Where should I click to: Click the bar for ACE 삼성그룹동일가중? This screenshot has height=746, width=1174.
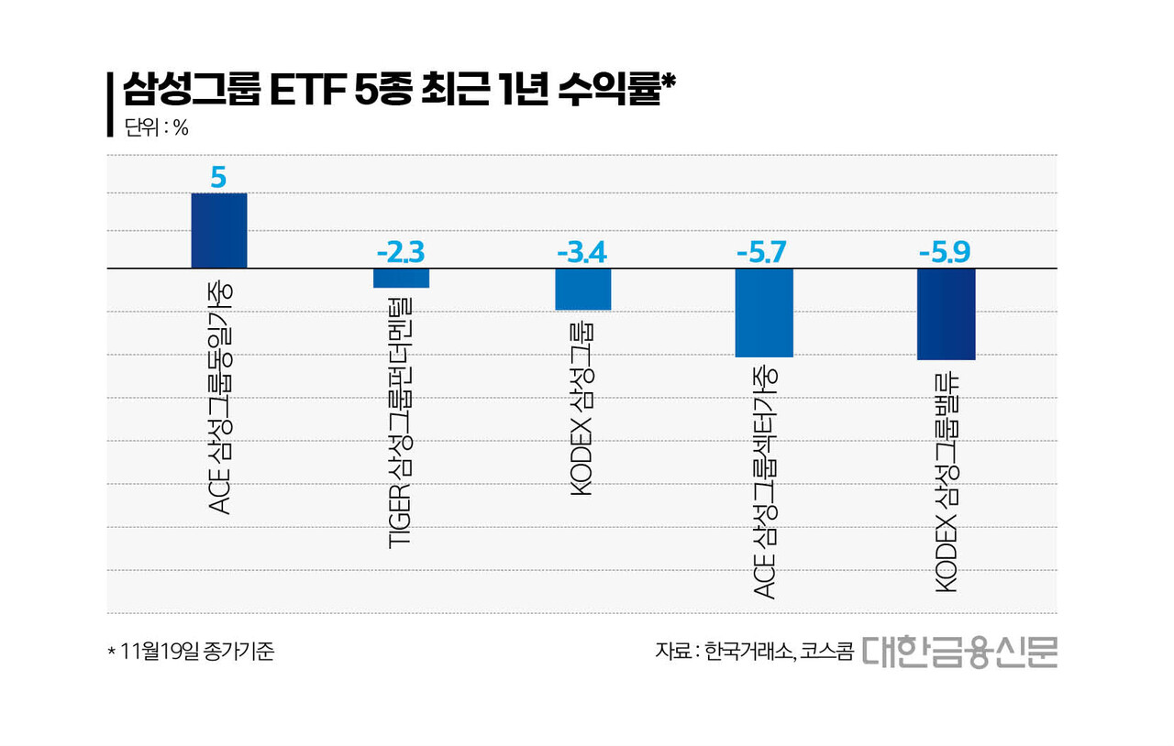tap(218, 230)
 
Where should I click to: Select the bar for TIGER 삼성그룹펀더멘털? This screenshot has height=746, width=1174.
tap(401, 278)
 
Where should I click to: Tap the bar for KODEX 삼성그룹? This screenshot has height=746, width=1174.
tap(582, 289)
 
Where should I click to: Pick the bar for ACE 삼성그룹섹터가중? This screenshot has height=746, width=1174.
tap(764, 312)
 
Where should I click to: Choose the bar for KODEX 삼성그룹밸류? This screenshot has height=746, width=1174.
tap(946, 313)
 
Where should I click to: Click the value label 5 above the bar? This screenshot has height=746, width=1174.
tap(218, 177)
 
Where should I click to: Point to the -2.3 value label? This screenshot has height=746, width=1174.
tap(401, 252)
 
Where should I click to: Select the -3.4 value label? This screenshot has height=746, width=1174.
tap(582, 252)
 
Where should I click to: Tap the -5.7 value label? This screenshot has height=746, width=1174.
tap(764, 252)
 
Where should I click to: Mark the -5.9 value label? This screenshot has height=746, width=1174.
tap(946, 252)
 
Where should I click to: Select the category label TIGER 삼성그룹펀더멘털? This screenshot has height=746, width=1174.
tap(401, 422)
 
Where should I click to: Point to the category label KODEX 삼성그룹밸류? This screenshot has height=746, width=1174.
tap(946, 482)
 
